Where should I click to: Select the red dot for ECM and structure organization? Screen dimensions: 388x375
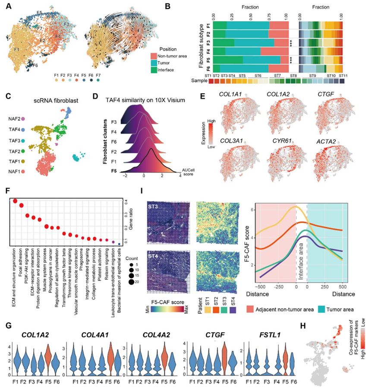click(x=16, y=201)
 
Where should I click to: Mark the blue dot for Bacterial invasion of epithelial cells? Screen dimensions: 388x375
click(x=119, y=244)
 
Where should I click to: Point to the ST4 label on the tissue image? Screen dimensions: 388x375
click(x=153, y=254)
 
